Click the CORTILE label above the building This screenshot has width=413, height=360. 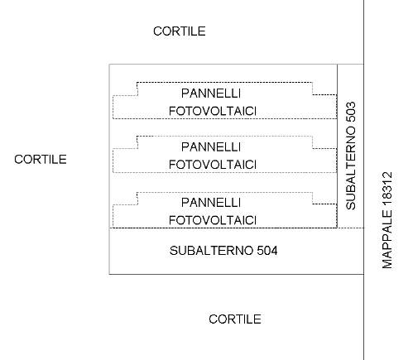tap(180, 31)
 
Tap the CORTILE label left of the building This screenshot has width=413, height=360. tap(41, 160)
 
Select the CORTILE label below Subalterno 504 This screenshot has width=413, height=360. tap(235, 319)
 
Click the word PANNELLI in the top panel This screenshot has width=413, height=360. tap(211, 94)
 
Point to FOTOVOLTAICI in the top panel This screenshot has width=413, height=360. tap(213, 111)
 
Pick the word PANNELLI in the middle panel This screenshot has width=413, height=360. tap(211, 147)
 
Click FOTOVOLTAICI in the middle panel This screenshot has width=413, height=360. tap(213, 165)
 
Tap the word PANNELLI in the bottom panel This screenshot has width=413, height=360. tap(211, 203)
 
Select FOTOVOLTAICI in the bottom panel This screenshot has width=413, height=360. tap(213, 220)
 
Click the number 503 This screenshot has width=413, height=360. tap(351, 112)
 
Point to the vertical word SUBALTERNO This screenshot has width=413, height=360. tap(351, 168)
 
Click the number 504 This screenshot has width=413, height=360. tap(267, 251)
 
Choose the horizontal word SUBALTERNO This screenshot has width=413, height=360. tap(211, 251)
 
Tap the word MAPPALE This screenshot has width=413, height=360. tap(387, 239)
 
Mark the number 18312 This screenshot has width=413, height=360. tap(387, 189)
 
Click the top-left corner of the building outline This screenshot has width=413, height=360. tap(109, 65)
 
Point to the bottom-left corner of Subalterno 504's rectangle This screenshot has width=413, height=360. tap(109, 274)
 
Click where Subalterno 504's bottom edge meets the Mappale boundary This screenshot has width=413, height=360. tap(364, 274)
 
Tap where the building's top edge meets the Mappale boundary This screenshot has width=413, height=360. tap(364, 65)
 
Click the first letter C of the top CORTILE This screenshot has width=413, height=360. tap(157, 31)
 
